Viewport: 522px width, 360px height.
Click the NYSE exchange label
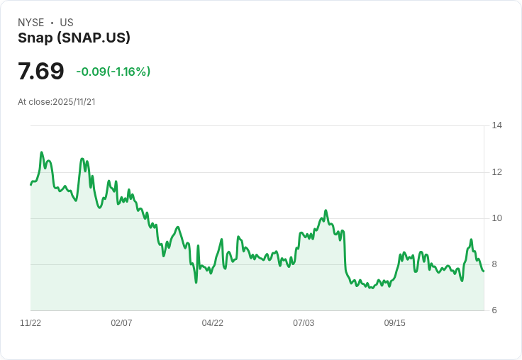click(x=30, y=23)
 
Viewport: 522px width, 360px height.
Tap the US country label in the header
click(x=67, y=23)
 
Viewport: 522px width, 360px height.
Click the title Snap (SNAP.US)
click(x=74, y=38)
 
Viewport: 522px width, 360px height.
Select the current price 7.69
click(x=41, y=72)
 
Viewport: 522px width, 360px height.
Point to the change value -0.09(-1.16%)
click(x=113, y=72)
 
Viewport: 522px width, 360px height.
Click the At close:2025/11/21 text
click(x=57, y=102)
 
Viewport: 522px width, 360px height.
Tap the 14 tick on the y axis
click(x=496, y=126)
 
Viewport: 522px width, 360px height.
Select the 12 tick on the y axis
click(x=496, y=172)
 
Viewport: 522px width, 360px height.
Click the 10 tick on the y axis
click(x=496, y=218)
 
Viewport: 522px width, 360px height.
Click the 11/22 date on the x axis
click(x=30, y=323)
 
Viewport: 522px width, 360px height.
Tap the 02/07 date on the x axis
click(x=121, y=323)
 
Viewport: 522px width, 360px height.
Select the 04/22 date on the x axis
click(x=213, y=323)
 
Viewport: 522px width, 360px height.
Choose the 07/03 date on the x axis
click(x=304, y=323)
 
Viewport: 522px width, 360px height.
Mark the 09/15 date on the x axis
click(x=395, y=323)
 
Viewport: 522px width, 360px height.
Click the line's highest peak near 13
click(x=42, y=152)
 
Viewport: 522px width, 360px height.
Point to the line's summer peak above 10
click(x=326, y=210)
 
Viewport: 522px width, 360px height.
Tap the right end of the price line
click(x=484, y=271)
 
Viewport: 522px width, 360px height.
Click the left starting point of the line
click(x=31, y=184)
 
